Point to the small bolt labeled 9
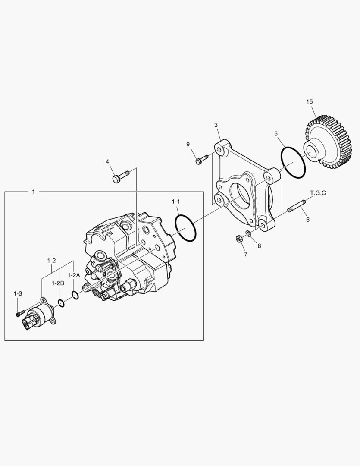click(201, 160)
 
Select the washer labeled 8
click(248, 234)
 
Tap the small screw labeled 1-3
click(18, 314)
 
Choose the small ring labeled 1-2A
click(75, 295)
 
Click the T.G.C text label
click(318, 193)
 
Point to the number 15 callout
click(310, 102)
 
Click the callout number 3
click(216, 125)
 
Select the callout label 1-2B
click(58, 283)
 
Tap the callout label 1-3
click(18, 293)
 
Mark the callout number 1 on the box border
click(33, 192)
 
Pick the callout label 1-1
click(176, 202)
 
